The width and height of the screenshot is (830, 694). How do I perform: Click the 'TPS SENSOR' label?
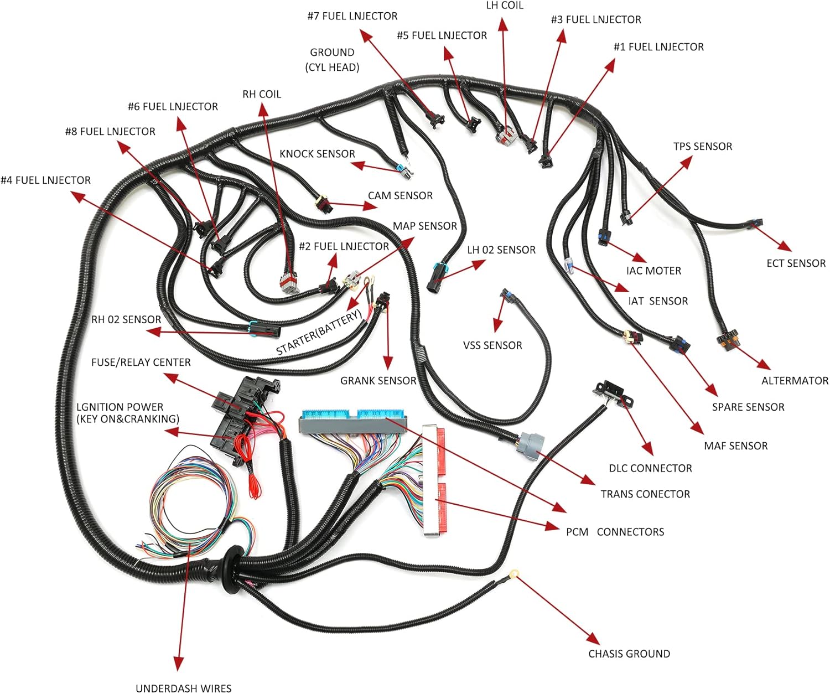click(702, 147)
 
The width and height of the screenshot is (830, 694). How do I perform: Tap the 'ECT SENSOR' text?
click(796, 263)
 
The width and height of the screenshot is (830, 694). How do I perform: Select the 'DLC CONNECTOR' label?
click(650, 468)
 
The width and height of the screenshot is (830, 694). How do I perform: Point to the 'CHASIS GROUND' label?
click(629, 654)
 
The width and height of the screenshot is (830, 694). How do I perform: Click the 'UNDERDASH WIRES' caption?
click(183, 688)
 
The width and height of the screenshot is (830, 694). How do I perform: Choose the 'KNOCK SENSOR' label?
click(317, 154)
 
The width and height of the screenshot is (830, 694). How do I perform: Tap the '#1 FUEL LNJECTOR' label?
click(658, 47)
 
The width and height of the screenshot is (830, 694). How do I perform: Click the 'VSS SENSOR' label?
click(492, 346)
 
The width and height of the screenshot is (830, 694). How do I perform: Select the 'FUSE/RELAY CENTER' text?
click(141, 362)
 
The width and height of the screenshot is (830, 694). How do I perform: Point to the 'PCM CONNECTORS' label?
click(615, 532)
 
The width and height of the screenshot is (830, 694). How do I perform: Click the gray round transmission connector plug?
click(530, 443)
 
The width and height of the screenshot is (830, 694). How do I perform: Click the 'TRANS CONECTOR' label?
click(645, 494)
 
